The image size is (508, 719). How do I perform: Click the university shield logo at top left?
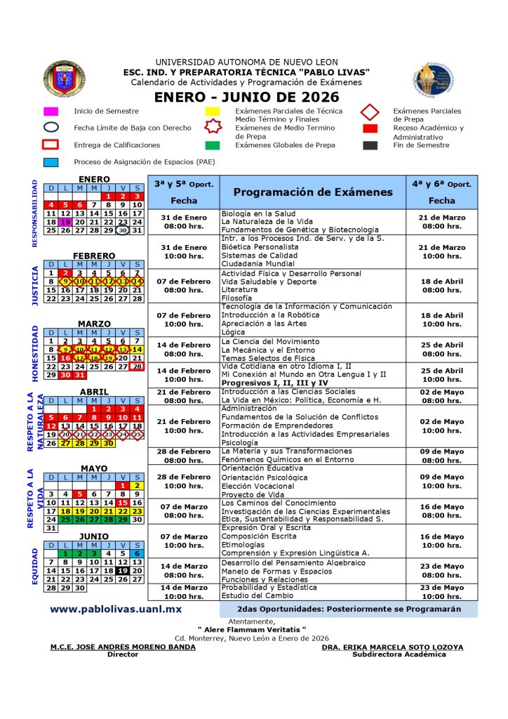pos(65,79)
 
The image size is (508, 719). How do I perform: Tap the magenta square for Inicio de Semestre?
pos(51,111)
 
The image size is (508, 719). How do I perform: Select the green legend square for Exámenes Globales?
pos(212,145)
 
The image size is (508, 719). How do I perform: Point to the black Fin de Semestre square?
pos(371,145)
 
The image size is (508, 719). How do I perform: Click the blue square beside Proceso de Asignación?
pos(51,162)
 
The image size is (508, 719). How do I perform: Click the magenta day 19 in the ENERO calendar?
pos(65,222)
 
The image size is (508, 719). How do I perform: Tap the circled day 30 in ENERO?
pos(123,230)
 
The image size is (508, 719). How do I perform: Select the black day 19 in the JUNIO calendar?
pos(123,571)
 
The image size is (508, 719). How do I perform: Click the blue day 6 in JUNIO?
pos(138,553)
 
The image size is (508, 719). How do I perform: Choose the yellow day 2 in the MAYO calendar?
pos(138,485)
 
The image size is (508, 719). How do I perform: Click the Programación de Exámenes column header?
pos(313,192)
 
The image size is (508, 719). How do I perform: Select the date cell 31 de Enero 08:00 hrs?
pos(184,222)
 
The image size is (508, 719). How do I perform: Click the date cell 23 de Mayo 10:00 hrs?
pos(441,592)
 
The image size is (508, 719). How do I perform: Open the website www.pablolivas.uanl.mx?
pos(116,609)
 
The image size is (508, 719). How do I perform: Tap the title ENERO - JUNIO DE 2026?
pos(246,97)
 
